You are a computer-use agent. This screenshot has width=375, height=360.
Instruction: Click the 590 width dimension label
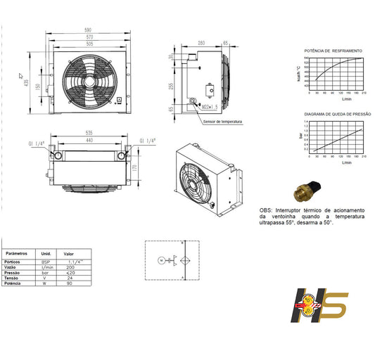pos(89,30)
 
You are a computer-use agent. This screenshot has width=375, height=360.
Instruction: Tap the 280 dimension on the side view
pos(201,43)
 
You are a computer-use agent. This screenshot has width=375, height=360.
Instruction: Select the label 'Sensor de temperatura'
pos(222,122)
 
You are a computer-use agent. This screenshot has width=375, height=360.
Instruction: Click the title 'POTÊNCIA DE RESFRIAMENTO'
pos(333,51)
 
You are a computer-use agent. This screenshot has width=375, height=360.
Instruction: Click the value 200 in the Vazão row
pos(70,268)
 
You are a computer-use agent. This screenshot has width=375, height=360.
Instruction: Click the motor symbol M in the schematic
pos(161,261)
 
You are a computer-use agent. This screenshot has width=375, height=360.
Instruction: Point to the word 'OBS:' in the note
pos(266,210)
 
